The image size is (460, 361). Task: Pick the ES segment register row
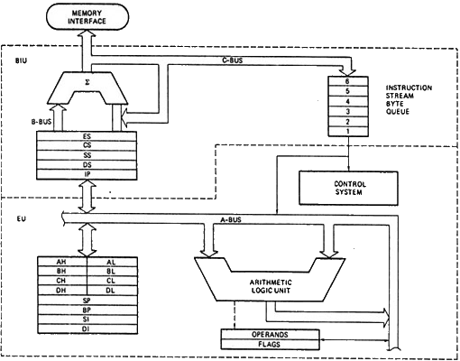coord(87,136)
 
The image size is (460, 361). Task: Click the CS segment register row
coord(87,145)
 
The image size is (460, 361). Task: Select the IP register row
coord(87,172)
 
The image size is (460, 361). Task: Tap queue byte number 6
coord(348,82)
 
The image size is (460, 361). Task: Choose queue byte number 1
coord(348,132)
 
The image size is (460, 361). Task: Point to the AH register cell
coord(62,261)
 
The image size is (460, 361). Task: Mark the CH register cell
coord(62,280)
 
